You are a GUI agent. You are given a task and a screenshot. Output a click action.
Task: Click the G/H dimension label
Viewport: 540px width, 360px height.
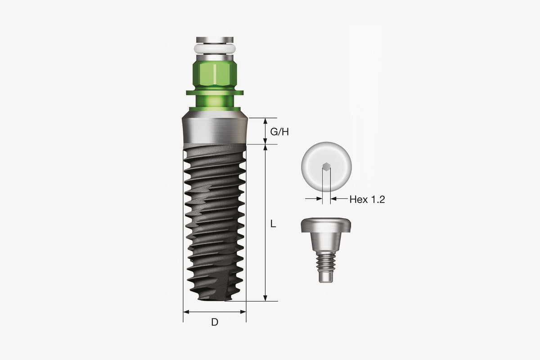click(279, 132)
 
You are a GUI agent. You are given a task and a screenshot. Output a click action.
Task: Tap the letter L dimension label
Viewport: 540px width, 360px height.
click(273, 224)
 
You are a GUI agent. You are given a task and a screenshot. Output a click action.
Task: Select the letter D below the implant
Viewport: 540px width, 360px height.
click(215, 322)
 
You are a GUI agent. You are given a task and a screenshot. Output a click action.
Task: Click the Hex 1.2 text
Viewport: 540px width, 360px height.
click(367, 199)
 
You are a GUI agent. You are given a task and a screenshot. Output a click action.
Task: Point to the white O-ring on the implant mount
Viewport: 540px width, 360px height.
click(215, 49)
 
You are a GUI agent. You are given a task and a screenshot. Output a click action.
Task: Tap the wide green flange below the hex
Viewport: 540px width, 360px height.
click(215, 93)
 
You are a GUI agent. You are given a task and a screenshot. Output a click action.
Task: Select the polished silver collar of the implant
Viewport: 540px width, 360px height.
click(215, 130)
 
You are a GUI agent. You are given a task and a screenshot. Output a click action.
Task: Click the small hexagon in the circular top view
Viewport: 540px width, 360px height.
click(326, 166)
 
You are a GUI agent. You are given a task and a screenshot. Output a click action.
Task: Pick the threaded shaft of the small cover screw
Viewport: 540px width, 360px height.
click(326, 262)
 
